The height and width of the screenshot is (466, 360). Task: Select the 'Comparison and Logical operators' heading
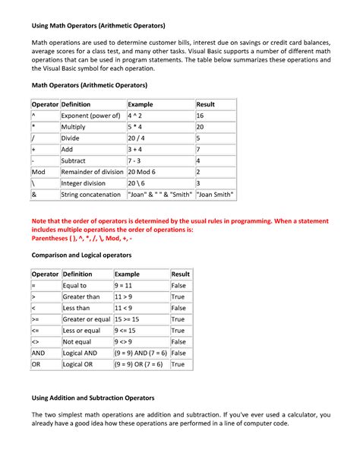click(x=81, y=255)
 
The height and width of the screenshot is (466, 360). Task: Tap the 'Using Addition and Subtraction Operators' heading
click(x=91, y=398)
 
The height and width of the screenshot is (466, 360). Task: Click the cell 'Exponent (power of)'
click(x=90, y=116)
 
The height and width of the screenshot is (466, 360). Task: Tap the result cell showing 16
click(x=201, y=116)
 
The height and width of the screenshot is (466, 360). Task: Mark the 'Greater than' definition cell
click(x=81, y=297)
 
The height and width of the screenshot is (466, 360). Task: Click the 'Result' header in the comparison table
click(x=181, y=274)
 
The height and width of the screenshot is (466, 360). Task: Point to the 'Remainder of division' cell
click(x=92, y=173)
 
